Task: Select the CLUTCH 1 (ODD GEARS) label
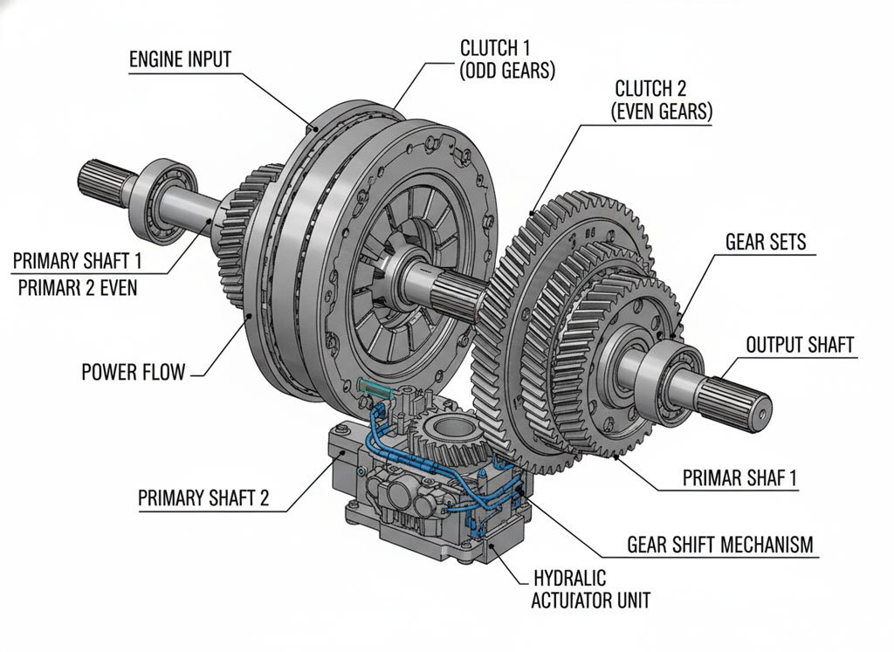pyautogui.click(x=507, y=58)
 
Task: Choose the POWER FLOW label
pyautogui.click(x=133, y=372)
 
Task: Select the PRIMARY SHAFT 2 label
pyautogui.click(x=203, y=498)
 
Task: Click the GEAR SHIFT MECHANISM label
pyautogui.click(x=720, y=545)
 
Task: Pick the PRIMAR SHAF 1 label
pyautogui.click(x=738, y=477)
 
